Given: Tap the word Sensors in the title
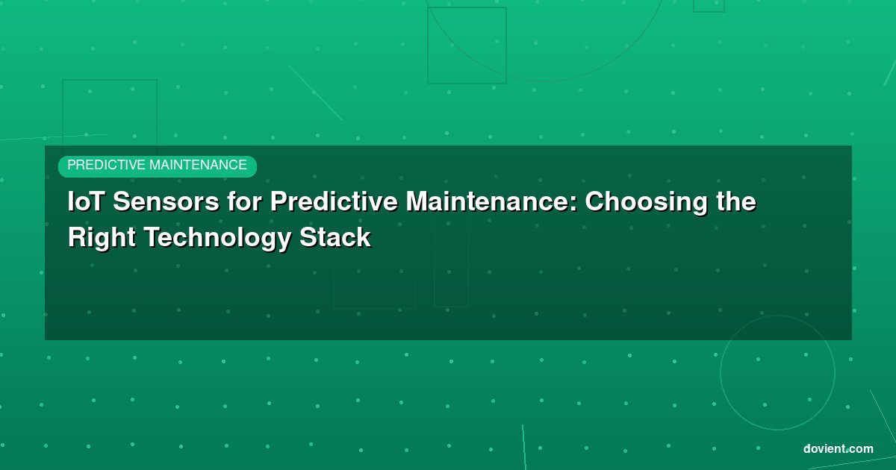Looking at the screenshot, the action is click(x=166, y=201).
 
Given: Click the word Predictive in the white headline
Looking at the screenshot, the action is click(x=334, y=200).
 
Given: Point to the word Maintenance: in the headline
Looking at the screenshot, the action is click(x=491, y=201).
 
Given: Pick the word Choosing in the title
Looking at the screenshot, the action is click(x=647, y=204).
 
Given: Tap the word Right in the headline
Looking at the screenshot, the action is click(x=102, y=239).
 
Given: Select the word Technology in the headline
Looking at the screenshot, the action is click(x=217, y=239).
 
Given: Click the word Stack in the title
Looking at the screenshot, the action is click(x=335, y=237).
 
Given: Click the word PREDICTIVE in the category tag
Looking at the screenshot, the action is click(x=106, y=165).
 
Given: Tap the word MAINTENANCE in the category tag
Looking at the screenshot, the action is click(x=198, y=165).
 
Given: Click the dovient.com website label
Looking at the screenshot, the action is click(x=838, y=449).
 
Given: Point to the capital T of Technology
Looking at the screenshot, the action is click(x=152, y=237).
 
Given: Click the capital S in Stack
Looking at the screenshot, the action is click(x=308, y=237).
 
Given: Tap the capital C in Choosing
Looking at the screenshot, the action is click(x=596, y=201).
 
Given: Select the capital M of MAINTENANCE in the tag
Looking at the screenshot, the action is click(x=155, y=165).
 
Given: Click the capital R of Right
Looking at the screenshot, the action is click(x=78, y=237).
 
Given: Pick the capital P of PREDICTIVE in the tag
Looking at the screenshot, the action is click(x=71, y=165).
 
